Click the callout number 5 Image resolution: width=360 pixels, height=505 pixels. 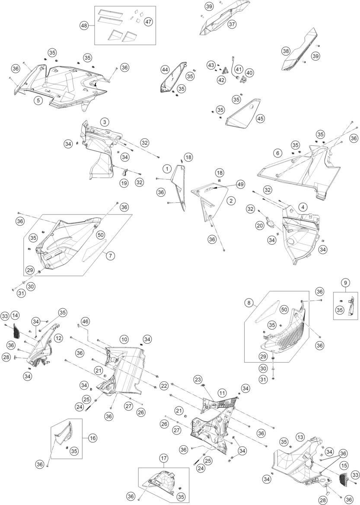(x=38, y=100)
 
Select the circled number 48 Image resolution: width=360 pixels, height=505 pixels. (x=84, y=26)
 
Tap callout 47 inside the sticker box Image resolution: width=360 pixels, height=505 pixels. (x=148, y=22)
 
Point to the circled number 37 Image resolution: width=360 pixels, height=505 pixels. (x=232, y=24)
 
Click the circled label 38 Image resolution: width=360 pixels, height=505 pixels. (x=286, y=51)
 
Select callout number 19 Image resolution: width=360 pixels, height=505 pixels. (x=124, y=183)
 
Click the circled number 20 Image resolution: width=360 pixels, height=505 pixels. (x=272, y=225)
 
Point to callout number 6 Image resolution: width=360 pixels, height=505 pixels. (x=278, y=153)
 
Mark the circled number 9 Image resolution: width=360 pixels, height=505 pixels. (x=345, y=283)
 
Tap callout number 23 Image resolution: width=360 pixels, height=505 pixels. (x=198, y=379)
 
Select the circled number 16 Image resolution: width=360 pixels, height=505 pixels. (x=93, y=438)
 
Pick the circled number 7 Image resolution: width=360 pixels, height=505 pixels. (x=111, y=256)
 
